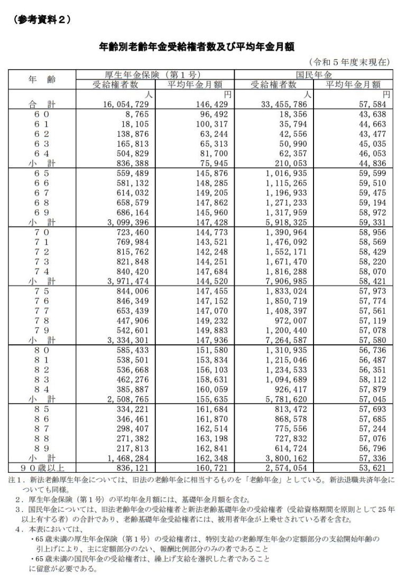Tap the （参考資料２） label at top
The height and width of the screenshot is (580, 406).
[40, 19]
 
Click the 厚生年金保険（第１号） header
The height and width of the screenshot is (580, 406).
[155, 74]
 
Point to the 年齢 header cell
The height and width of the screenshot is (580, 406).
[41, 79]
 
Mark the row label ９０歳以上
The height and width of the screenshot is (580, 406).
[41, 467]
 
